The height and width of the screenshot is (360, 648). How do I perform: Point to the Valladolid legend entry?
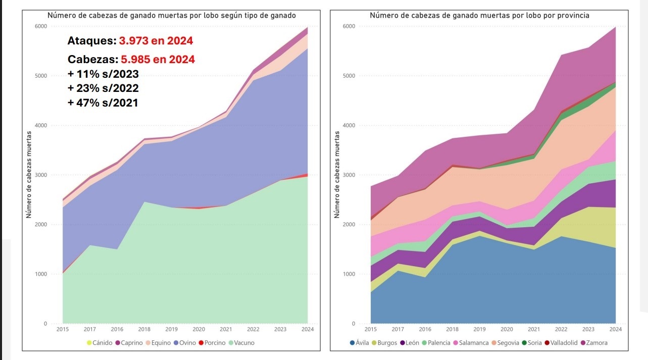(563, 343)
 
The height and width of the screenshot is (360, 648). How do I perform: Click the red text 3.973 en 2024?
(156, 40)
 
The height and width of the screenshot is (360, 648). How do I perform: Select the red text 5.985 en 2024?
(158, 59)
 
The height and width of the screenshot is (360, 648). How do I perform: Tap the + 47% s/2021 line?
(103, 102)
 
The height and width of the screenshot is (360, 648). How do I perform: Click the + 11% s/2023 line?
(103, 74)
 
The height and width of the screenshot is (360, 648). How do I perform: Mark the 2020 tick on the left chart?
(198, 329)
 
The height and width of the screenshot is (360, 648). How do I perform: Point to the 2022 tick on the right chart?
(561, 329)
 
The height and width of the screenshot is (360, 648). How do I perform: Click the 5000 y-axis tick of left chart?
(40, 76)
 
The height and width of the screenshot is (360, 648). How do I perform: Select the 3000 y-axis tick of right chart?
(349, 175)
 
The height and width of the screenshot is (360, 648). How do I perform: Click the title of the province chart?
(479, 15)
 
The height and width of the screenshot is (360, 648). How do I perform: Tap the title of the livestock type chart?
(172, 15)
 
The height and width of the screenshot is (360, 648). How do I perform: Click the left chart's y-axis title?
(29, 175)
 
